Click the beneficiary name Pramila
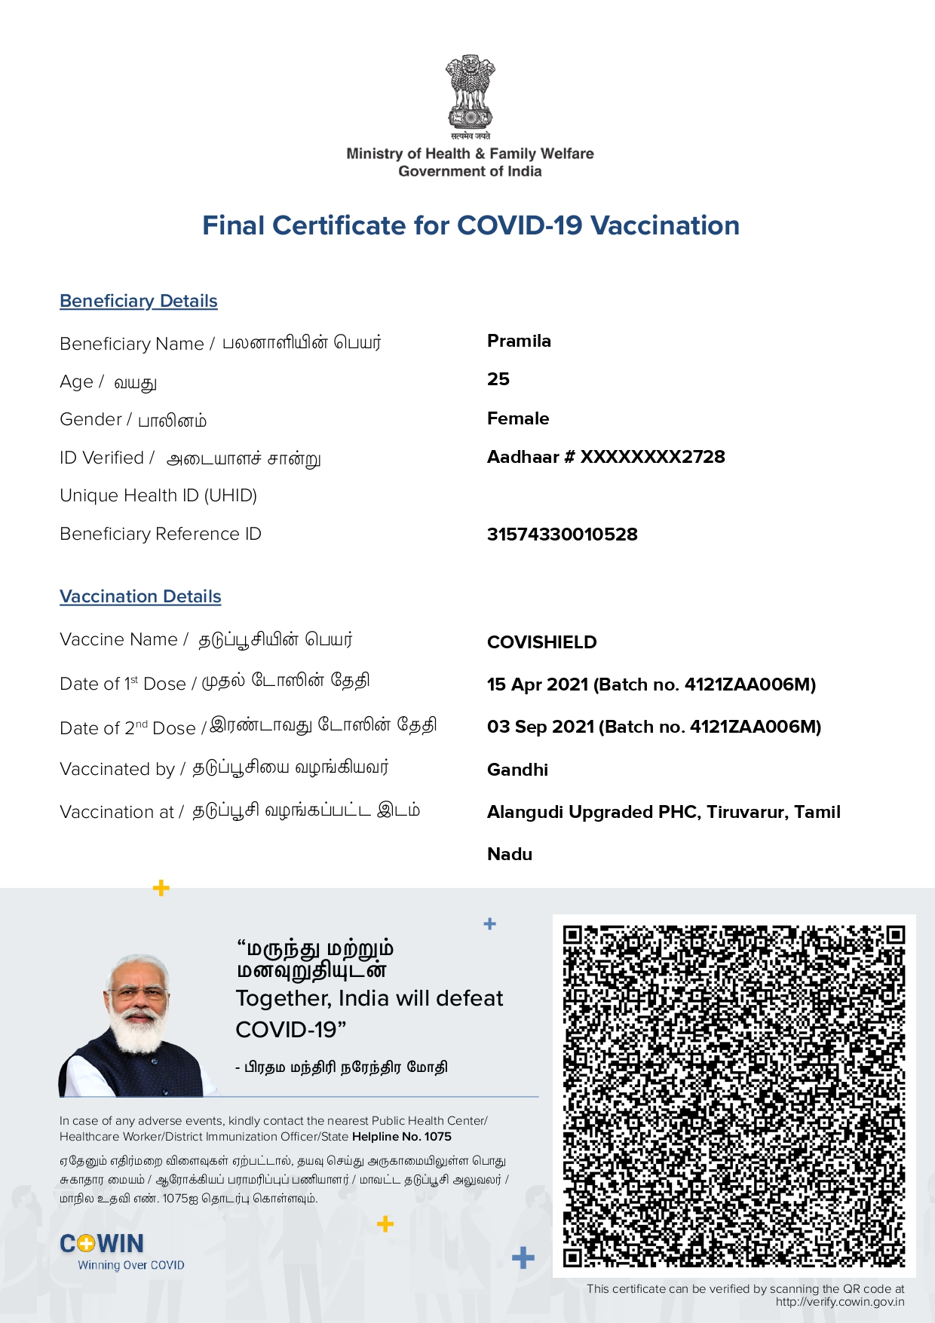(x=519, y=341)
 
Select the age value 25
(x=498, y=379)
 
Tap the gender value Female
(x=518, y=418)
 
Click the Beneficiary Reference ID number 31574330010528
(x=563, y=534)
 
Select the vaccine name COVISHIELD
(x=542, y=642)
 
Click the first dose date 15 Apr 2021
(x=538, y=684)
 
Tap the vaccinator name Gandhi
(x=517, y=770)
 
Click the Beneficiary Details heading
(x=139, y=301)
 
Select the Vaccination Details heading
(x=140, y=596)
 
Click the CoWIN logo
(x=102, y=1244)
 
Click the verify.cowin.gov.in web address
(x=840, y=1302)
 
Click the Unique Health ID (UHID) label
(x=158, y=495)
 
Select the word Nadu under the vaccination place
(x=510, y=854)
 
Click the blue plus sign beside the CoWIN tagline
(x=523, y=1257)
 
